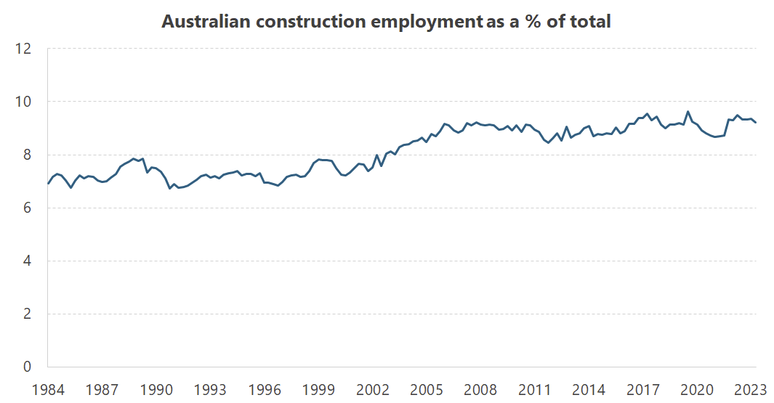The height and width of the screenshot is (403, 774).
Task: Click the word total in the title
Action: tap(590, 22)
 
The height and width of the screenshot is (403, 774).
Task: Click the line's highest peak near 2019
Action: tap(688, 112)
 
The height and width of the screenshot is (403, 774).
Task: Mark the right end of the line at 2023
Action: tap(756, 123)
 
